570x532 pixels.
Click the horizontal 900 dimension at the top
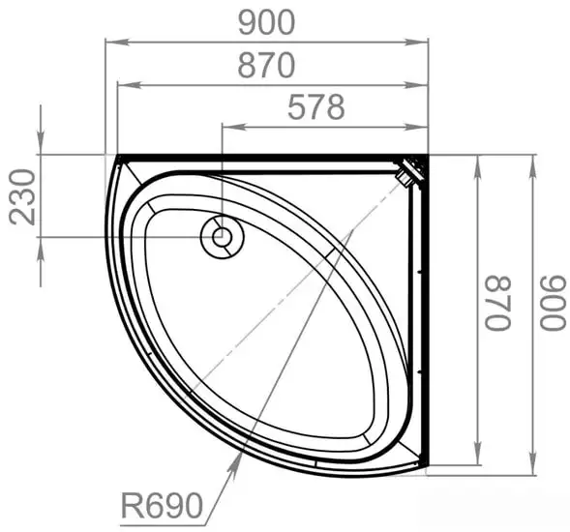[x=266, y=21]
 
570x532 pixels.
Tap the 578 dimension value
[x=315, y=107]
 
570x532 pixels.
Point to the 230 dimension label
[x=22, y=196]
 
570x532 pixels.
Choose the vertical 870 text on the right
[x=497, y=303]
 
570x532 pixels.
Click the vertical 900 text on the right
[x=554, y=303]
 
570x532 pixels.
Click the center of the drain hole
[x=222, y=235]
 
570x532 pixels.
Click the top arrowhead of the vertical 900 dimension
[x=532, y=161]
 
